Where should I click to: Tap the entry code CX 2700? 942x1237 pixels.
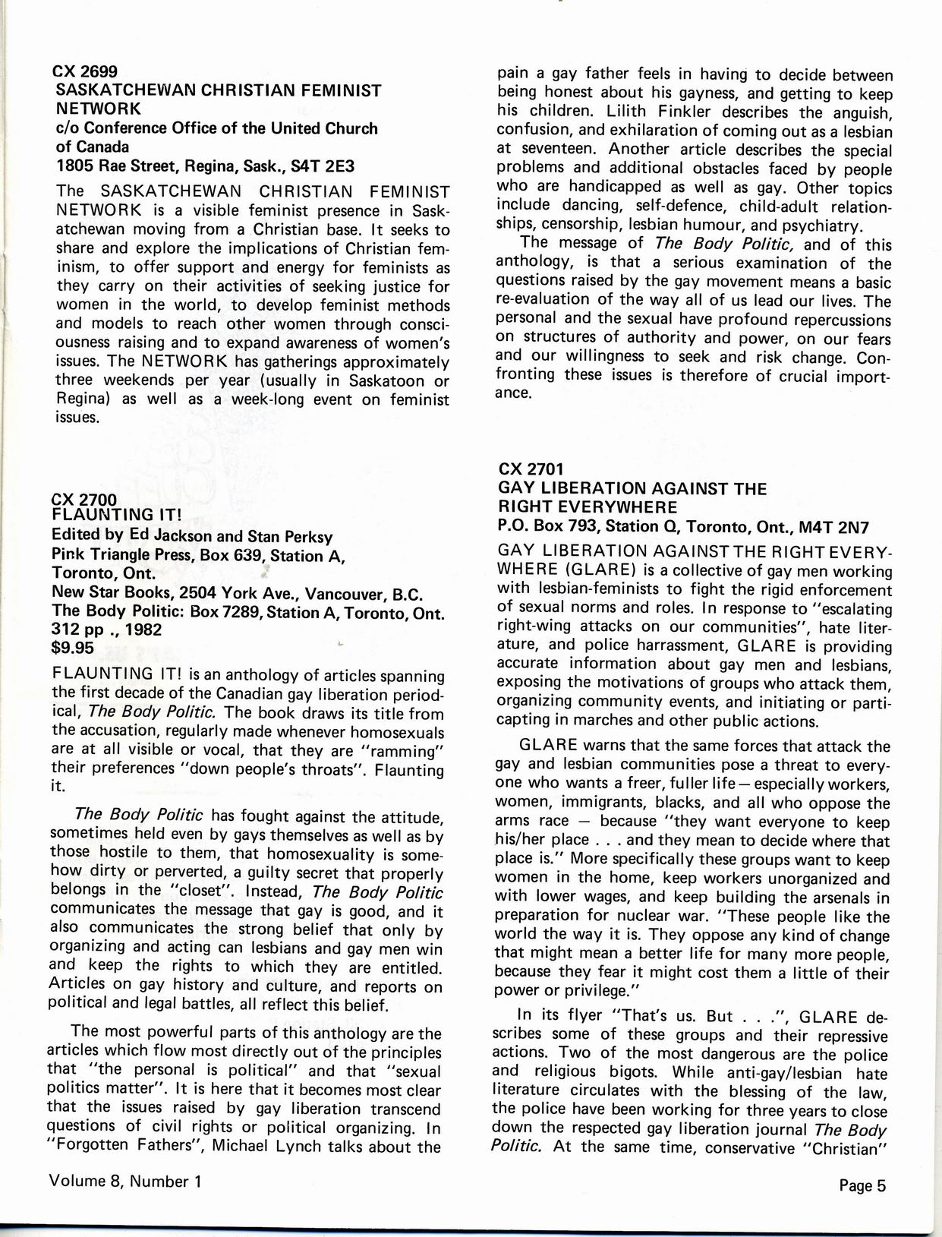84,499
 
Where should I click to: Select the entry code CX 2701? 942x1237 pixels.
531,469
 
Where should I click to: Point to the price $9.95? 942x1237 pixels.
73,648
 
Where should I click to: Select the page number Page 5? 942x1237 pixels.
863,1185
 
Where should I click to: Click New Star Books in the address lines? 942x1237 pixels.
99,592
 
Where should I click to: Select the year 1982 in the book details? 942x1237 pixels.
144,630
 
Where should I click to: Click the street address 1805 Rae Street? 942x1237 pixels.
121,166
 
